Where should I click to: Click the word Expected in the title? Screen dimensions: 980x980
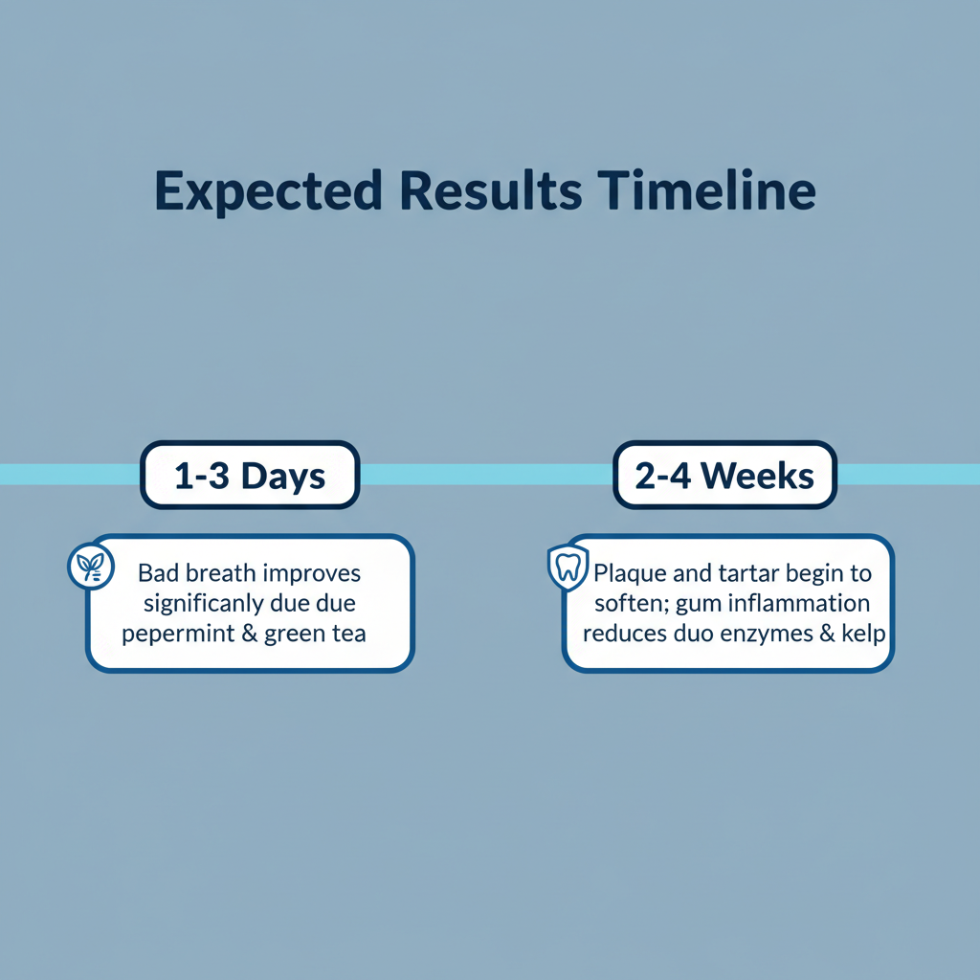click(x=268, y=191)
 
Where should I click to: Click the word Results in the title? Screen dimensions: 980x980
click(x=491, y=190)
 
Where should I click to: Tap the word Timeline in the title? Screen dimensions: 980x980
click(x=706, y=190)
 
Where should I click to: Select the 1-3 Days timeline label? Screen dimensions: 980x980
click(x=250, y=475)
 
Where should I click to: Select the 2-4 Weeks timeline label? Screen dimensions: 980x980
click(x=725, y=475)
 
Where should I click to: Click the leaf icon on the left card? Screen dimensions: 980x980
click(x=91, y=567)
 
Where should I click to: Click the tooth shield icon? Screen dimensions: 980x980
click(x=568, y=567)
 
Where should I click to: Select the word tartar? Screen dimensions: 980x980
click(x=749, y=572)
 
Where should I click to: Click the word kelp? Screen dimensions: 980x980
click(x=864, y=634)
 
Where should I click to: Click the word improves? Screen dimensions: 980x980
click(x=312, y=574)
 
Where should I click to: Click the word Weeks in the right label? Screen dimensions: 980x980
click(x=757, y=476)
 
